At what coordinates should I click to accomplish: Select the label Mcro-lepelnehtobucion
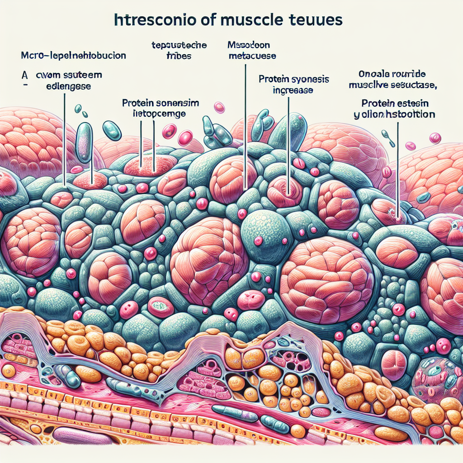click(73, 57)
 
